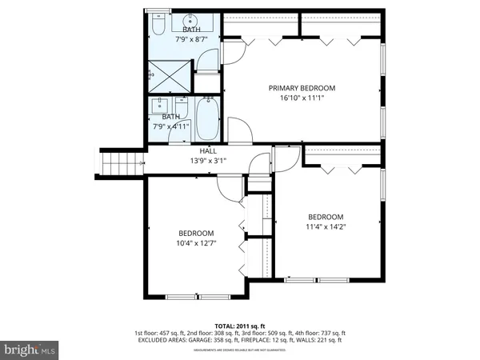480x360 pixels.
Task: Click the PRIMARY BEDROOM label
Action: tap(302, 88)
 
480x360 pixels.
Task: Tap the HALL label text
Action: tap(208, 150)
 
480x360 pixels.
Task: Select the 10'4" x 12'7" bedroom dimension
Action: tap(196, 243)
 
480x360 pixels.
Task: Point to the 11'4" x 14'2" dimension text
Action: tap(326, 226)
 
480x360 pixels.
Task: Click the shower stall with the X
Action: tap(170, 78)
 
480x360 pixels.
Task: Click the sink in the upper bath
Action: tap(191, 21)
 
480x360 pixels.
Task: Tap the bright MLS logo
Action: tap(30, 350)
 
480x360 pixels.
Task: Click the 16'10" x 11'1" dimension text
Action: tap(302, 98)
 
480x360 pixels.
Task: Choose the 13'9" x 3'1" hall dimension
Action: tap(208, 160)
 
